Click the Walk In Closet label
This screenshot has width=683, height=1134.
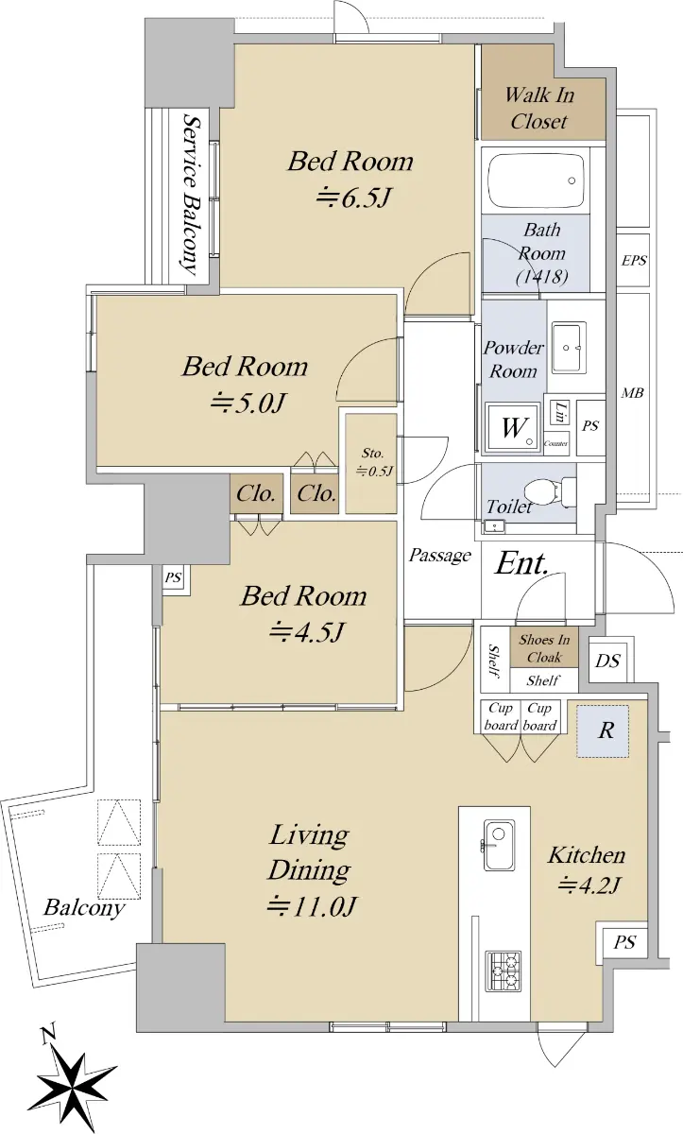click(x=539, y=108)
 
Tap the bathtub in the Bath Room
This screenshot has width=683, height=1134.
click(x=536, y=180)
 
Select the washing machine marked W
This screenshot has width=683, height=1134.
click(x=512, y=427)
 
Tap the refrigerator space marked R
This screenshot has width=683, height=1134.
click(x=603, y=731)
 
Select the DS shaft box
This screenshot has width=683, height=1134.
click(x=608, y=661)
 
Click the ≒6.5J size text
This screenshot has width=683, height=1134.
click(x=353, y=198)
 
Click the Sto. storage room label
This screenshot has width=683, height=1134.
click(x=372, y=453)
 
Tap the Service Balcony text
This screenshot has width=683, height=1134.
click(x=190, y=194)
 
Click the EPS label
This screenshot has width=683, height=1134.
click(x=634, y=260)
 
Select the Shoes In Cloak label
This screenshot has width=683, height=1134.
click(x=544, y=648)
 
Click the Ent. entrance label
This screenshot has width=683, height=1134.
click(x=521, y=563)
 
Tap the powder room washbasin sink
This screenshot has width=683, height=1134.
click(x=569, y=348)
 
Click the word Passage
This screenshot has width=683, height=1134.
click(x=439, y=556)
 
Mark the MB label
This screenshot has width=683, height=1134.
click(x=632, y=392)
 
